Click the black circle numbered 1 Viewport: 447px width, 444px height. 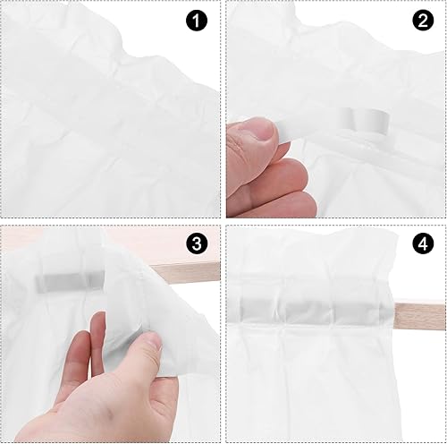coord(197,21)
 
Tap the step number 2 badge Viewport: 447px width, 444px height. coord(423,21)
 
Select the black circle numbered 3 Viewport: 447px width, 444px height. coord(197,243)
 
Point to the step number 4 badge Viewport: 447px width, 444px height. coord(423,243)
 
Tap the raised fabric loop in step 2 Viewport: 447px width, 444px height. coord(364,120)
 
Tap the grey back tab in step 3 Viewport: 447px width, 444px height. coord(71,282)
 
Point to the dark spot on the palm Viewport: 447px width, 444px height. coord(110,414)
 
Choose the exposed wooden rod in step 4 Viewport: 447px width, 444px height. coord(420,316)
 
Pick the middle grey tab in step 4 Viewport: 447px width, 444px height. coord(308,312)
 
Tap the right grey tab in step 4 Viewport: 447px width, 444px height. coord(357,312)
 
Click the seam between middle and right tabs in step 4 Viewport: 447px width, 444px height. coord(333,312)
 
